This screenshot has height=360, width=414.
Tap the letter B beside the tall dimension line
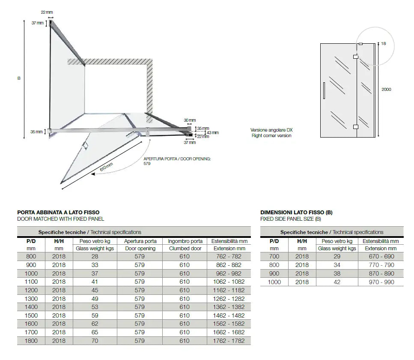[19, 78]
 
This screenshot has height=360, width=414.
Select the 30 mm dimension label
[189, 120]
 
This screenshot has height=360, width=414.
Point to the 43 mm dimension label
[212, 133]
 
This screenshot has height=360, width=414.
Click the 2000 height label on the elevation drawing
[386, 90]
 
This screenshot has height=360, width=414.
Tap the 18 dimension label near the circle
[383, 44]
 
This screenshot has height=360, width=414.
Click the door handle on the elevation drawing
[325, 90]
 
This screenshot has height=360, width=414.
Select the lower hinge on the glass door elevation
[355, 127]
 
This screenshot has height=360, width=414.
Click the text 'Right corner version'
[271, 135]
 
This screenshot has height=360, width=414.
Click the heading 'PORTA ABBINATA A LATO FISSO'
[60, 212]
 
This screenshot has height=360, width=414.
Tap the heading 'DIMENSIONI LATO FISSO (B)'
[296, 212]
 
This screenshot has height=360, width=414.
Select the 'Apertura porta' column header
[140, 241]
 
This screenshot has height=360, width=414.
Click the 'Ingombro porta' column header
[185, 241]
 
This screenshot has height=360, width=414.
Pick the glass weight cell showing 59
[95, 315]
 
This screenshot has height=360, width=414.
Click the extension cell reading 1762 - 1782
[229, 341]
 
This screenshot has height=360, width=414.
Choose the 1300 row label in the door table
[32, 299]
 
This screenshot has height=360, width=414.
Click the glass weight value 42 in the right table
[337, 282]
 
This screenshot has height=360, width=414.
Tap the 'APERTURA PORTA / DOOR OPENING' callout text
[177, 159]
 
